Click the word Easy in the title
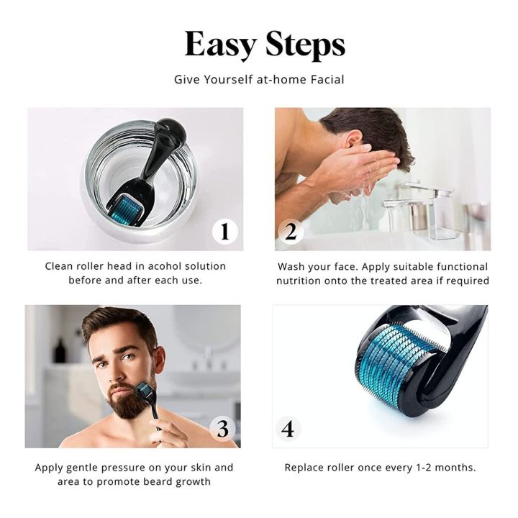[x=220, y=45]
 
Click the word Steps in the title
[x=305, y=45]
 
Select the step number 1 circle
[x=225, y=231]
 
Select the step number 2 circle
[x=291, y=231]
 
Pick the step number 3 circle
[x=222, y=429]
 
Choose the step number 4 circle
[x=288, y=429]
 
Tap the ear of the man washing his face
[x=354, y=139]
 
